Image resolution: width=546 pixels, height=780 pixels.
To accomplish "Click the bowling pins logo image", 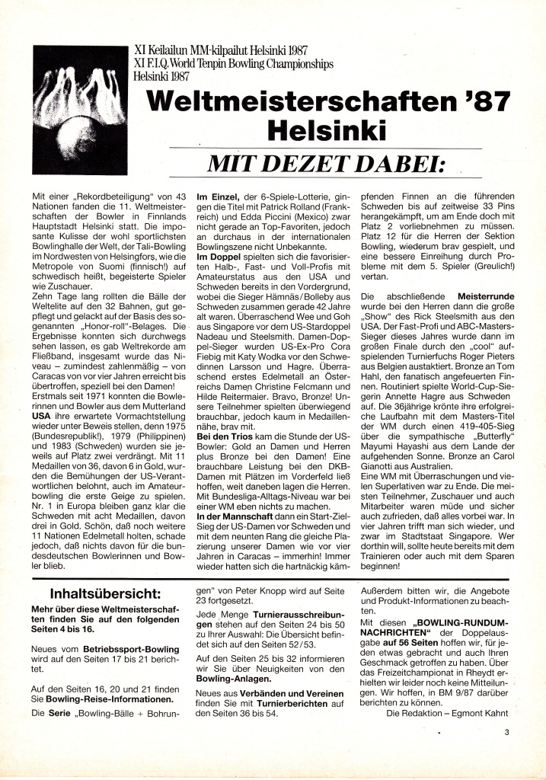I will point(81,110).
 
